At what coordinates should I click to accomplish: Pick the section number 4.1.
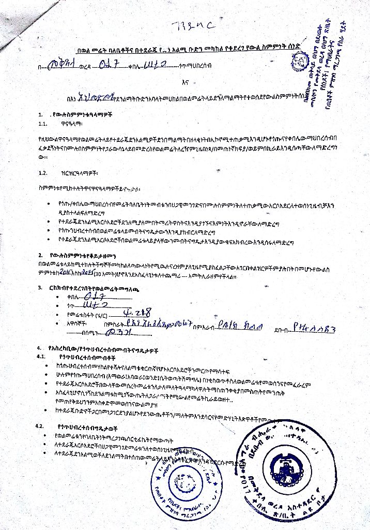[x=42, y=357]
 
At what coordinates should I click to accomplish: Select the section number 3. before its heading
[x=40, y=287]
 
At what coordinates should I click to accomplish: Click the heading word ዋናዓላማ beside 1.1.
[x=72, y=124]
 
